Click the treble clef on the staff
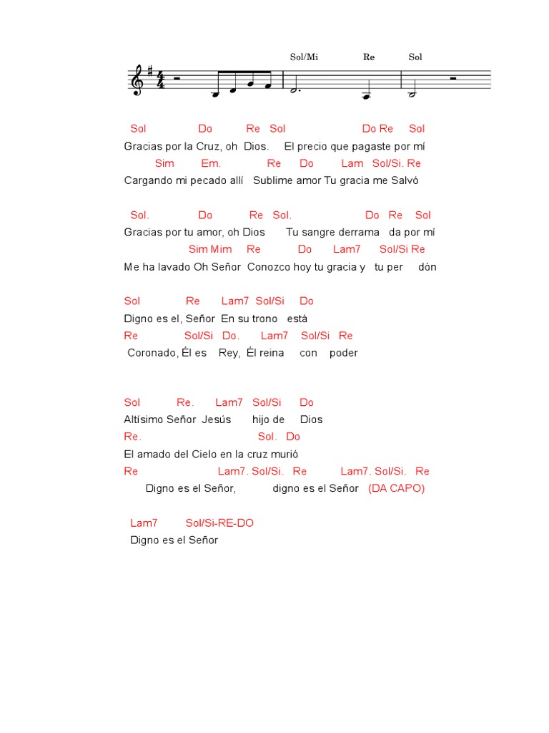136,80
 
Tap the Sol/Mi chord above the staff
303,57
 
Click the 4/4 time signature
161,80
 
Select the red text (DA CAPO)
396,488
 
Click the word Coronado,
153,353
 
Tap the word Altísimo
144,419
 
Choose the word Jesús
217,419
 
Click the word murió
283,454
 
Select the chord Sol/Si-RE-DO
219,523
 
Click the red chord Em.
211,163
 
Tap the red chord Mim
222,249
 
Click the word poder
344,353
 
